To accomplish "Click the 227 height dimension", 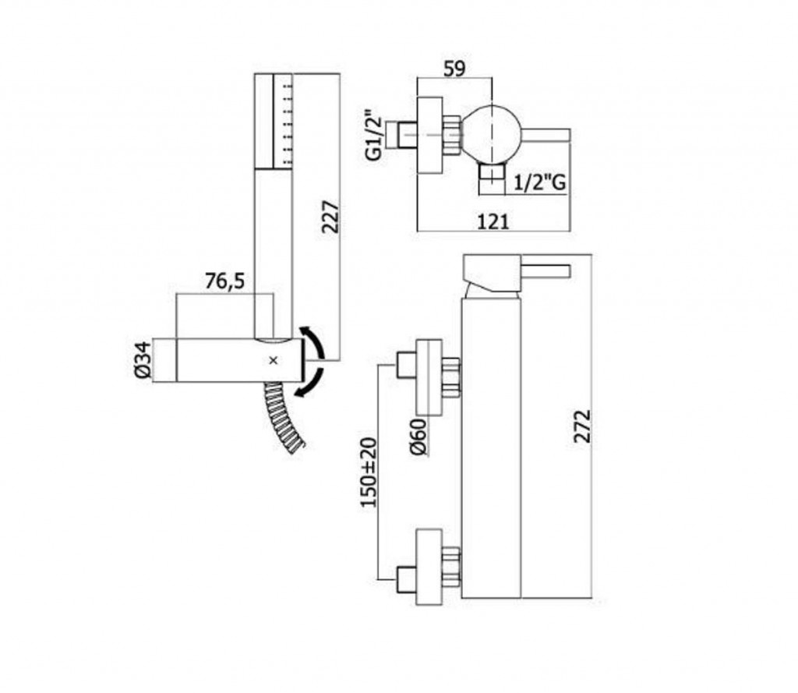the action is [x=330, y=217].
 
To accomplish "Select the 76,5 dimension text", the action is [x=225, y=281].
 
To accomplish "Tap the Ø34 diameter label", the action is [x=143, y=360].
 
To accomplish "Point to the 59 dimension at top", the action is [x=454, y=69].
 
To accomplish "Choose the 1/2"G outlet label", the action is [x=539, y=182].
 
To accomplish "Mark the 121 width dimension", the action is [x=493, y=221].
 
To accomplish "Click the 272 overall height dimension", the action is [x=582, y=426].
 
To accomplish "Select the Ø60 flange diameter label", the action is [x=418, y=437].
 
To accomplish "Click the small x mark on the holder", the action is [x=274, y=360].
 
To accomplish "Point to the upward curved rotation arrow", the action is [x=315, y=341].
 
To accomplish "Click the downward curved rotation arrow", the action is [x=312, y=383].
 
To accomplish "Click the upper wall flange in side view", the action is [x=429, y=377].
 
